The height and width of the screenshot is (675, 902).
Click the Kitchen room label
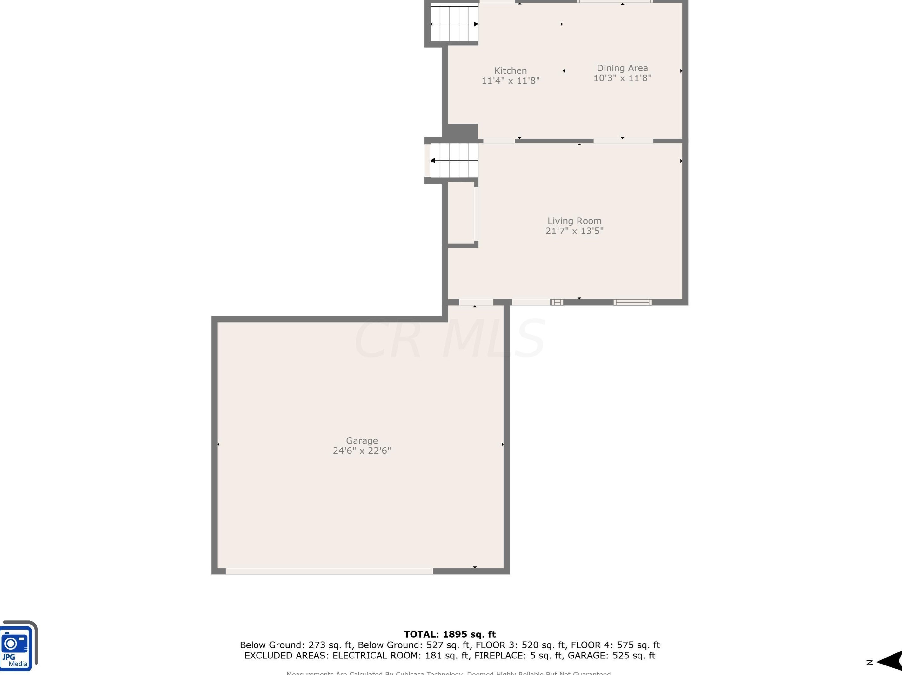pyautogui.click(x=510, y=70)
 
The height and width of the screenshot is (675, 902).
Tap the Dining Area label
pyautogui.click(x=622, y=68)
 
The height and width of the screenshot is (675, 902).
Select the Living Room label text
pyautogui.click(x=574, y=221)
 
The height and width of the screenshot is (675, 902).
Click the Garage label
pyautogui.click(x=362, y=440)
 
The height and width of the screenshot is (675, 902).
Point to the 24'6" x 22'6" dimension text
pyautogui.click(x=362, y=451)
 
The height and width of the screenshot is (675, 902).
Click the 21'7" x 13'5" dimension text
pyautogui.click(x=574, y=231)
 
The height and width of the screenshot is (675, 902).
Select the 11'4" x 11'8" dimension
pyautogui.click(x=510, y=81)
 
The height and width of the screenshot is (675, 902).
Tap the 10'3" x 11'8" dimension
pyautogui.click(x=622, y=78)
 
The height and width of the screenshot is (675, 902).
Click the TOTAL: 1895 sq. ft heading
pyautogui.click(x=450, y=634)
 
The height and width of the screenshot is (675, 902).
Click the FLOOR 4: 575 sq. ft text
pyautogui.click(x=615, y=645)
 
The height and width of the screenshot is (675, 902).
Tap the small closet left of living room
pyautogui.click(x=461, y=213)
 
